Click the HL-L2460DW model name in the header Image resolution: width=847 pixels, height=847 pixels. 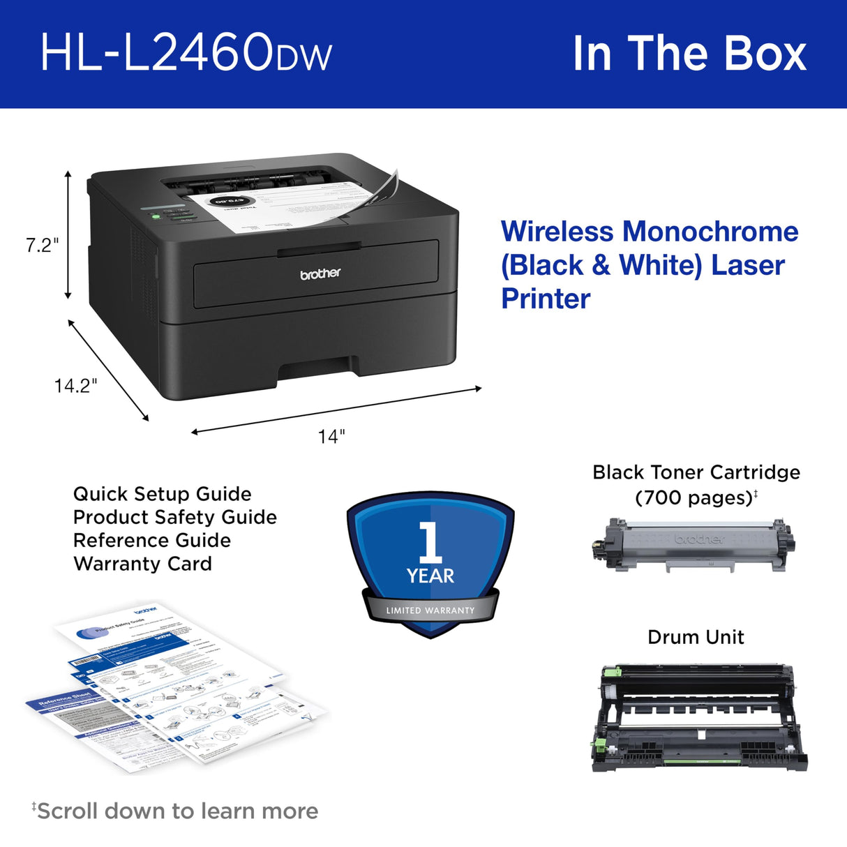pos(186,53)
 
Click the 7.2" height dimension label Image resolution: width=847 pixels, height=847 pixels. pos(42,245)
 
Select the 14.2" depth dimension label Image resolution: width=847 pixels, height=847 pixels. pos(75,385)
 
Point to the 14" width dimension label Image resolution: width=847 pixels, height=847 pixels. pos(331,437)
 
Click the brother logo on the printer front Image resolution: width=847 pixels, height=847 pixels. pos(320,274)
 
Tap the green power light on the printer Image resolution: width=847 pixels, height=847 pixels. pos(156,217)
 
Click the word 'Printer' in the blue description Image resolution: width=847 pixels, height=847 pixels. pos(546,299)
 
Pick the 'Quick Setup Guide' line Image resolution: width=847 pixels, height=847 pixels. pos(162,494)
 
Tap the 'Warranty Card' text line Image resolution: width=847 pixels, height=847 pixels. pos(142,564)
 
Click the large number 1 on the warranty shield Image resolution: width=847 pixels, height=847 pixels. pos(430,541)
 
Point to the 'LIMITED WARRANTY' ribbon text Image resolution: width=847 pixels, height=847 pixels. pos(430,610)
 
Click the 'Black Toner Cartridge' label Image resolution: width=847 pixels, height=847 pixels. pos(696,472)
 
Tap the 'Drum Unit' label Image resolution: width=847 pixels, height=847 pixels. pos(696,637)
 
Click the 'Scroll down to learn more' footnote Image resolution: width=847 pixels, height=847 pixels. pos(177,811)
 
